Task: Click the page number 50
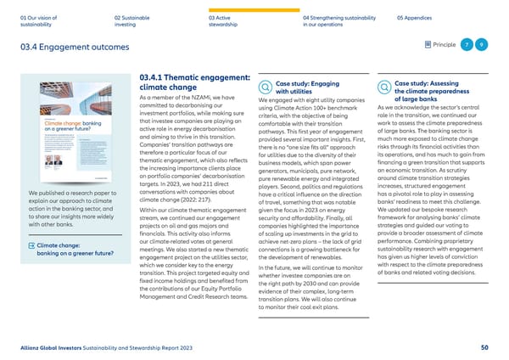tap(484, 347)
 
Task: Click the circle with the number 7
tap(467, 44)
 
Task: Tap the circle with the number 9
tap(482, 44)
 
